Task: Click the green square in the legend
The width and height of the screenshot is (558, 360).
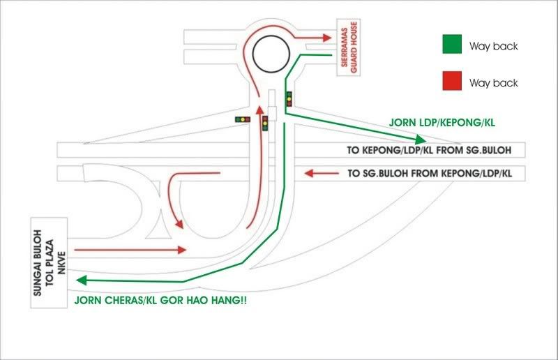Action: tap(453, 45)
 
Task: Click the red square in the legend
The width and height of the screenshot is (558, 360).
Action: tap(453, 82)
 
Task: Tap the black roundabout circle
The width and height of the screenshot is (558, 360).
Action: tap(269, 52)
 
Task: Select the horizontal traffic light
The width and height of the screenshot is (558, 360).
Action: tap(242, 119)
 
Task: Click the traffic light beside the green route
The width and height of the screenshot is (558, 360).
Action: tap(289, 99)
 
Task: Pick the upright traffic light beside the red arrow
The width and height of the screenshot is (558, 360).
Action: tap(265, 124)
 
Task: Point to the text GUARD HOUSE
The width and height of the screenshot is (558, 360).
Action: tap(353, 58)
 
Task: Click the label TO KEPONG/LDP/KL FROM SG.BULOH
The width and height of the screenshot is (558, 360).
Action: tap(425, 150)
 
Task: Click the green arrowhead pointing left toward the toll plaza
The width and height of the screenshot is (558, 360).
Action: tap(80, 280)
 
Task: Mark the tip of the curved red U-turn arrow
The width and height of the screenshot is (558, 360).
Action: tap(181, 225)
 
